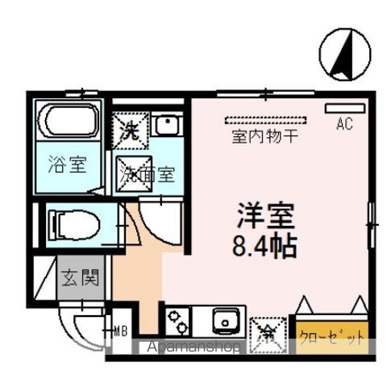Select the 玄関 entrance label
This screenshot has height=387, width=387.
[81, 281]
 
